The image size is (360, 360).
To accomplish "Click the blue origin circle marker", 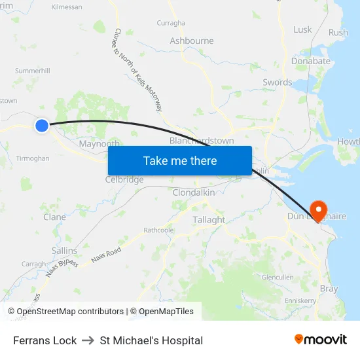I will pos(42,125).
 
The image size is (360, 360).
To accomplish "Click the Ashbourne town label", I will pos(192,41).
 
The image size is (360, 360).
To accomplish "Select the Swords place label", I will pos(277,82).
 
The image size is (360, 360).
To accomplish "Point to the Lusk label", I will pos(302,29).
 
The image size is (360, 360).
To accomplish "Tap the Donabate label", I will pos(310,61).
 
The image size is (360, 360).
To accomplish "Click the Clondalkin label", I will pos(194,192).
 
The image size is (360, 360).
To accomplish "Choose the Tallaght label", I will pos(209,220).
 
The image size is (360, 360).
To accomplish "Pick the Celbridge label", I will pos(124,179).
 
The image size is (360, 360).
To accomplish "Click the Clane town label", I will pos(54,217).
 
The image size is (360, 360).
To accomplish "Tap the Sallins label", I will pos(64,251).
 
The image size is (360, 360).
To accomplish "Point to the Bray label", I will pos(329,289).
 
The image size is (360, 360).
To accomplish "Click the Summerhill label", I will pos(32,70).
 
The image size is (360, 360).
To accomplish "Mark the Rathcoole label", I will pos(159,230).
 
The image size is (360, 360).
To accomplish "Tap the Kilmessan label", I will pos(66,7).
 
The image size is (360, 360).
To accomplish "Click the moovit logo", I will pos(320,340).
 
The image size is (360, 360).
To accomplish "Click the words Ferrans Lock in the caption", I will pos(45,340).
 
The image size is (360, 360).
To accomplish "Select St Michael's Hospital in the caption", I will pos(151,340).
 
